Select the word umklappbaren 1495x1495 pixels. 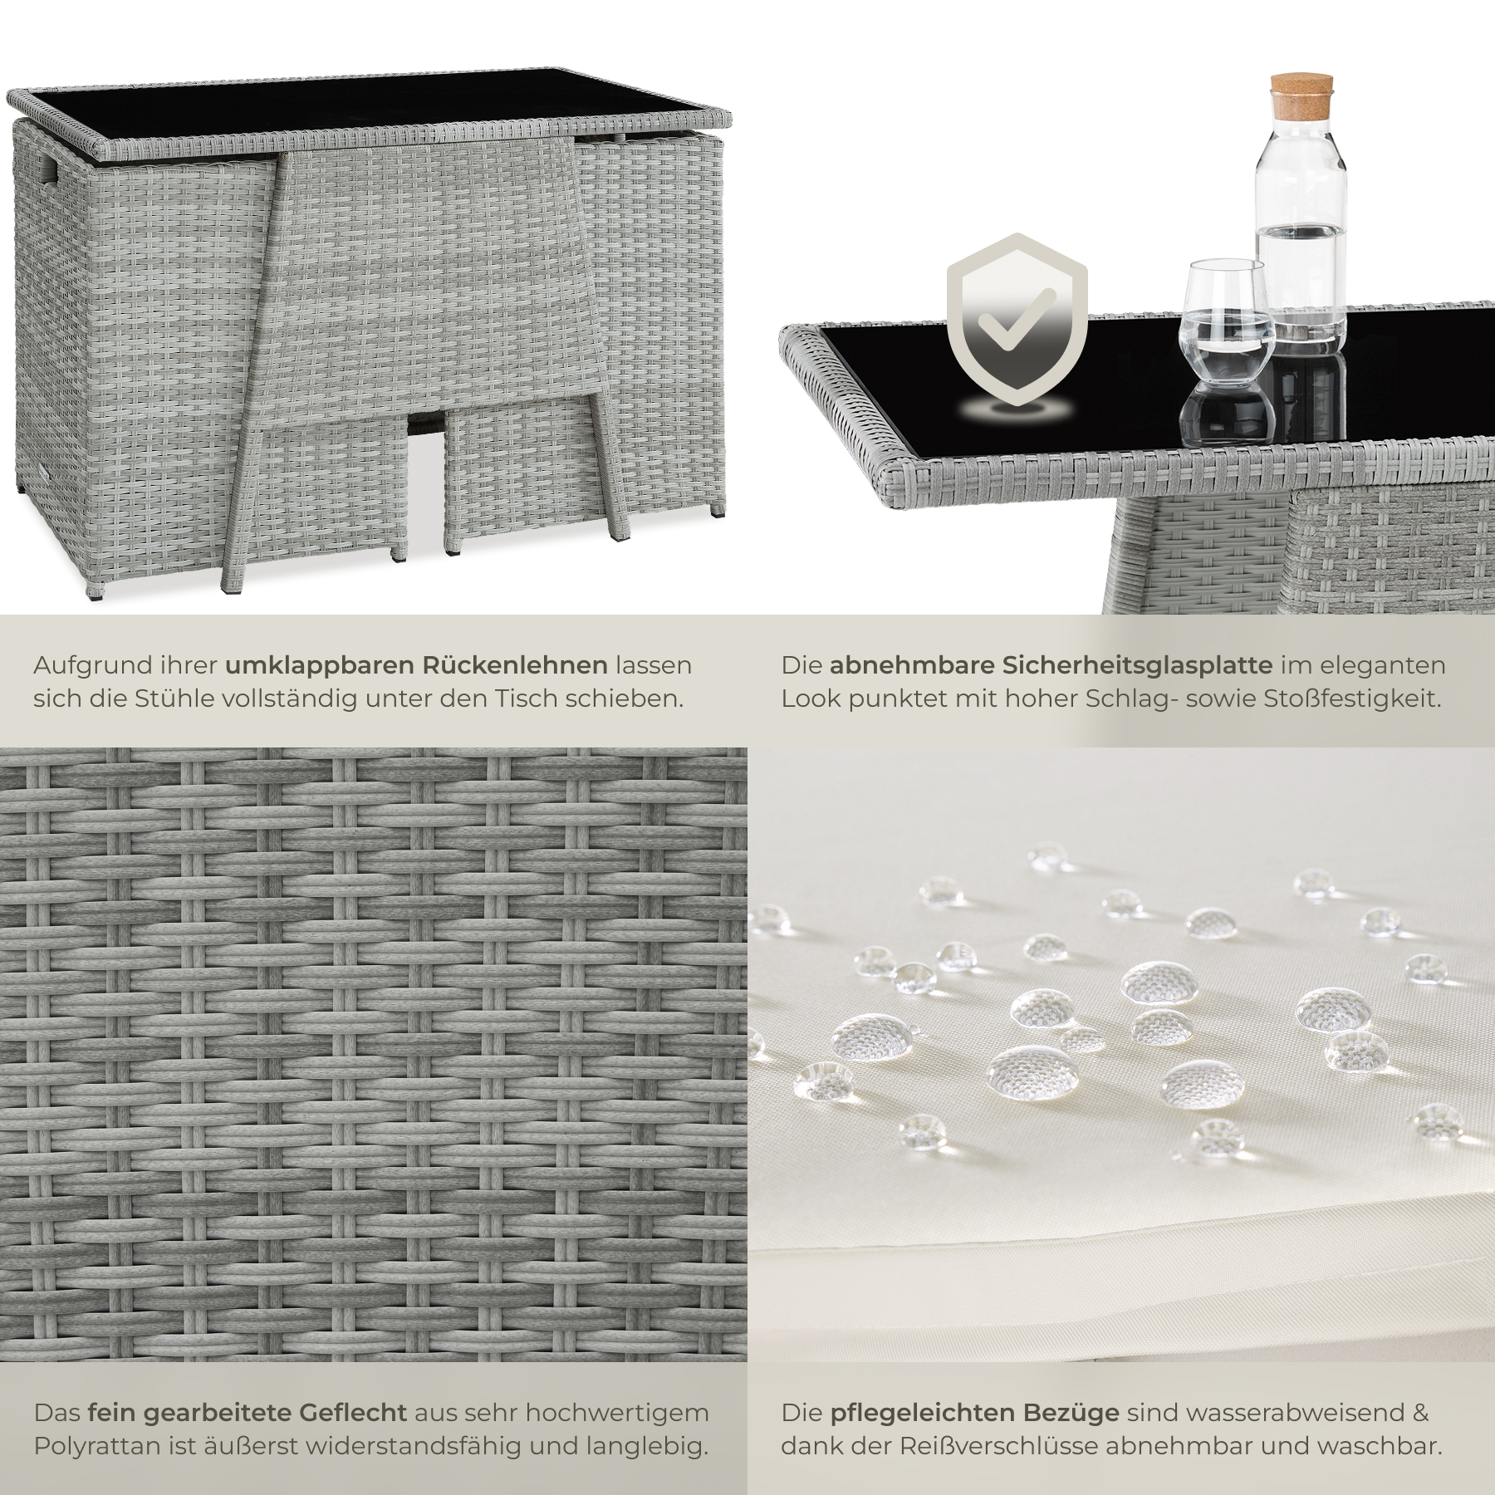pyautogui.click(x=319, y=665)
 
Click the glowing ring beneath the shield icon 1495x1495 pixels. pyautogui.click(x=1017, y=410)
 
